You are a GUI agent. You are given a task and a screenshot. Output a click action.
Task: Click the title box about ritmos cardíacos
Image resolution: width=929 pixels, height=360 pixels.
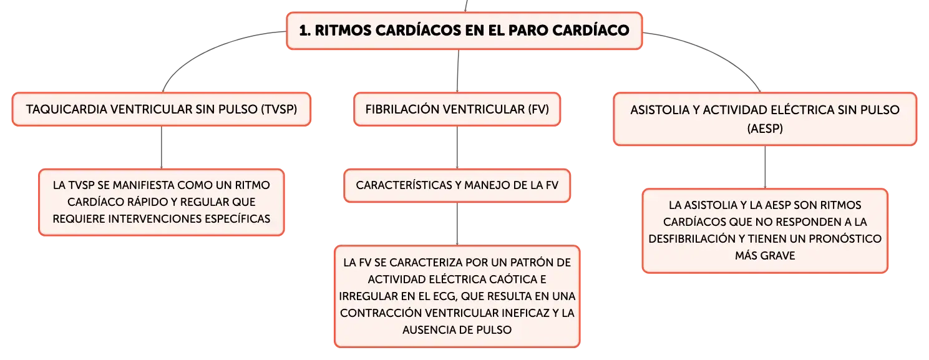pyautogui.click(x=464, y=31)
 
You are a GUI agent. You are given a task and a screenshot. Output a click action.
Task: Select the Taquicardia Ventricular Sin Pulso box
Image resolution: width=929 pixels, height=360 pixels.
pyautogui.click(x=162, y=109)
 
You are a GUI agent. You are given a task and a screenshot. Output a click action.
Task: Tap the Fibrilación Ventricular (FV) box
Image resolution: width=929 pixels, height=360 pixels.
pyautogui.click(x=457, y=109)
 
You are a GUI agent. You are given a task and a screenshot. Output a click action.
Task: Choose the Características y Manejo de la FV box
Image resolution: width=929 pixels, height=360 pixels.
pyautogui.click(x=457, y=185)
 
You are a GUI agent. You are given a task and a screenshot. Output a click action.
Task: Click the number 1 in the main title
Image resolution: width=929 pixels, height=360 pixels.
pyautogui.click(x=304, y=31)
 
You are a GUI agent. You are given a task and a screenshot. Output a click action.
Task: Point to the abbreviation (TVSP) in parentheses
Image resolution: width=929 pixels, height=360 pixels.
pyautogui.click(x=279, y=109)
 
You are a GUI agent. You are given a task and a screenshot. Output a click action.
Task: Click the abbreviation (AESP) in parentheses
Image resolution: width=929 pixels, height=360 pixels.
pyautogui.click(x=765, y=129)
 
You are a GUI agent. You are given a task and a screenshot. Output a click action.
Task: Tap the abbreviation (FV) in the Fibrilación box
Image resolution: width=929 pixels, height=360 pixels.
pyautogui.click(x=538, y=109)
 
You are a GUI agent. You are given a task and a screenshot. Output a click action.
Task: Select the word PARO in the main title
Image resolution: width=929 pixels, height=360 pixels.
pyautogui.click(x=528, y=31)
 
